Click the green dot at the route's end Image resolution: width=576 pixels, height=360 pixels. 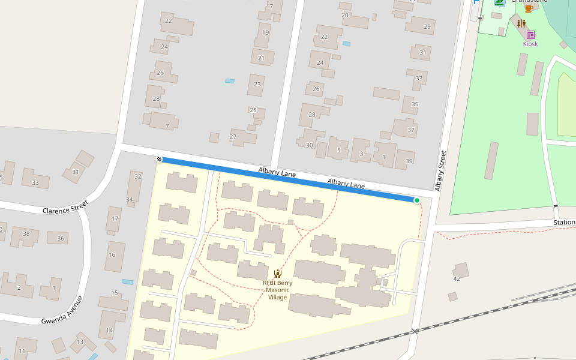(x=416, y=200)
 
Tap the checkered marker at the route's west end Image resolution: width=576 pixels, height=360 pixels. (x=159, y=159)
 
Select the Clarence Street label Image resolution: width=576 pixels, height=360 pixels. (x=65, y=208)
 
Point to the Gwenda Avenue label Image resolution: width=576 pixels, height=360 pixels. (x=62, y=310)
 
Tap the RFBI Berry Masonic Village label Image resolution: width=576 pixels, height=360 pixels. (x=278, y=290)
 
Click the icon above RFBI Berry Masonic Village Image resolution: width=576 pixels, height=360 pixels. (x=278, y=274)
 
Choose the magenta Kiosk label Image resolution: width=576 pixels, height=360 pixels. (x=530, y=44)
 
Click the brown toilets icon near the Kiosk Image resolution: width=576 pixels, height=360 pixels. (x=521, y=23)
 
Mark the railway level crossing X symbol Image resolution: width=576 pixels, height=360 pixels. (x=415, y=331)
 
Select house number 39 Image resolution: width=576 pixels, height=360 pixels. (x=409, y=161)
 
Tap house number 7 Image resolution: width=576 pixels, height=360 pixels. (x=167, y=126)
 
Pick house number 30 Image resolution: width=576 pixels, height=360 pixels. (x=310, y=145)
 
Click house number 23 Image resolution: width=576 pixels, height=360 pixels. (x=257, y=84)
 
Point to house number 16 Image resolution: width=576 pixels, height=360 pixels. (x=112, y=254)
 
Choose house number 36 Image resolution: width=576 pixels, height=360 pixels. (x=60, y=238)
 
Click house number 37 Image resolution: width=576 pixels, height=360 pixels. (x=411, y=130)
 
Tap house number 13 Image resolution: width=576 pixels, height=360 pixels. (x=80, y=342)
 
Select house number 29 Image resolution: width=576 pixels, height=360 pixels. (x=427, y=26)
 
